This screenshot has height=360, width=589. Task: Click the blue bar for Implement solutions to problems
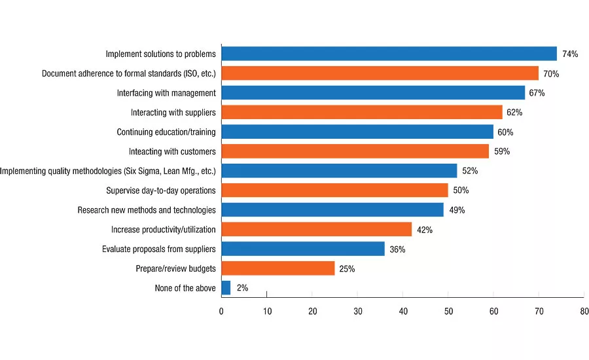pyautogui.click(x=389, y=54)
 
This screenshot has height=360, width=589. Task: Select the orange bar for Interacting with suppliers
pyautogui.click(x=362, y=113)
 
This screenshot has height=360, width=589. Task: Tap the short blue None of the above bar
pyautogui.click(x=226, y=288)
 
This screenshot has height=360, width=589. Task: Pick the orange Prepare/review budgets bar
pyautogui.click(x=278, y=268)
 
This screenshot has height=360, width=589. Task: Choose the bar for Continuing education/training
pyautogui.click(x=357, y=132)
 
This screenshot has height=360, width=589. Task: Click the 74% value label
pyautogui.click(x=570, y=54)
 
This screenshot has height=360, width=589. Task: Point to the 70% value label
pyautogui.click(x=551, y=74)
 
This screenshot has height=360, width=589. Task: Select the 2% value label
pyautogui.click(x=242, y=288)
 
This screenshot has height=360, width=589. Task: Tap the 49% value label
pyautogui.click(x=457, y=210)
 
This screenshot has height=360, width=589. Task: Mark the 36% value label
pyautogui.click(x=397, y=249)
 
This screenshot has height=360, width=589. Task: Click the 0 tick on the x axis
pyautogui.click(x=221, y=311)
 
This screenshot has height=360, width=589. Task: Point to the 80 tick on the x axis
pyautogui.click(x=584, y=311)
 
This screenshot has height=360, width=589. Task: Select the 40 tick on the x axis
pyautogui.click(x=403, y=311)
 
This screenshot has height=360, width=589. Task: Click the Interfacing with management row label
pyautogui.click(x=166, y=93)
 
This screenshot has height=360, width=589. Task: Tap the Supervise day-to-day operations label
pyautogui.click(x=161, y=190)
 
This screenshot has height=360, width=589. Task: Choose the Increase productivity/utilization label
pyautogui.click(x=164, y=230)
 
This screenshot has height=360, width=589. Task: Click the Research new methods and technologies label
pyautogui.click(x=147, y=210)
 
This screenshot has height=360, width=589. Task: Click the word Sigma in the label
pyautogui.click(x=150, y=171)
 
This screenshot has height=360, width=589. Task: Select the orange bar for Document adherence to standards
pyautogui.click(x=380, y=73)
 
